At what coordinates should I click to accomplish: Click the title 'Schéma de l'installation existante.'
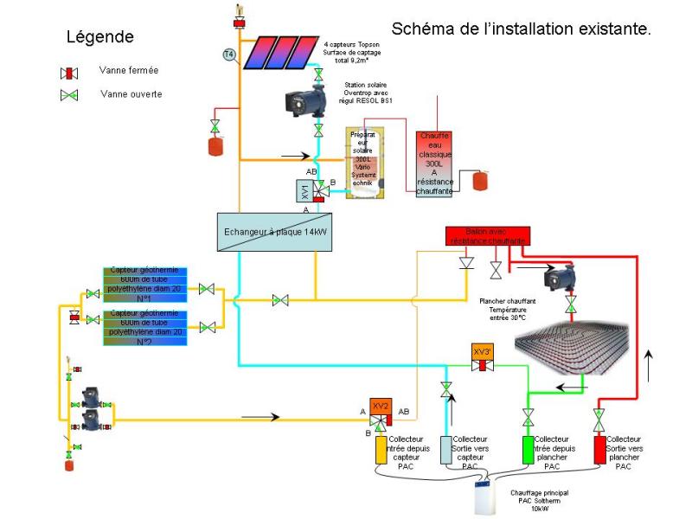point(521,29)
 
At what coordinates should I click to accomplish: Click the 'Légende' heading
point(100,37)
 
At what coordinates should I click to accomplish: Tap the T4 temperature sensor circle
point(229,54)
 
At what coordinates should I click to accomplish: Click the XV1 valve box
point(304,191)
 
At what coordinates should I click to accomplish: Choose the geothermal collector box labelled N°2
point(144,326)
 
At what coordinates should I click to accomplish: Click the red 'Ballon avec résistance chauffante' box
point(487,235)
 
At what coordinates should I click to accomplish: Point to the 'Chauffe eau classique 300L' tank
point(435,163)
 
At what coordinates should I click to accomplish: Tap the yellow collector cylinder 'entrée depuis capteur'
point(381,449)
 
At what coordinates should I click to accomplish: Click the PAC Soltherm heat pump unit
point(487,496)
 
